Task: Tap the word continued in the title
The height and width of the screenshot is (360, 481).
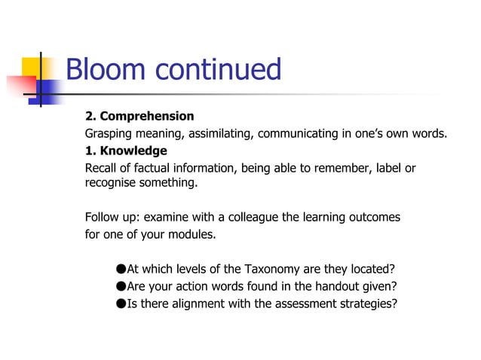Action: coord(218,70)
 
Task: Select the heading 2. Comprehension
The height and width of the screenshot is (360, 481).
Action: coord(139,116)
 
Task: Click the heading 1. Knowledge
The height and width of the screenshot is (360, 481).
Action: coord(126,151)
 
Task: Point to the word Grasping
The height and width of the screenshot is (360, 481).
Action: coord(110,134)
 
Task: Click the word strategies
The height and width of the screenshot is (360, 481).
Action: coord(369,304)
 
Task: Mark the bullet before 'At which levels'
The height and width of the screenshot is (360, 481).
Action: coord(121,270)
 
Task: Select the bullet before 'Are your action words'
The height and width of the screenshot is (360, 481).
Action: coord(121,286)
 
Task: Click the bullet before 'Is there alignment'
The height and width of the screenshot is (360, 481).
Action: coord(121,304)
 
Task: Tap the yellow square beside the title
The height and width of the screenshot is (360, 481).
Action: coord(33,68)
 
